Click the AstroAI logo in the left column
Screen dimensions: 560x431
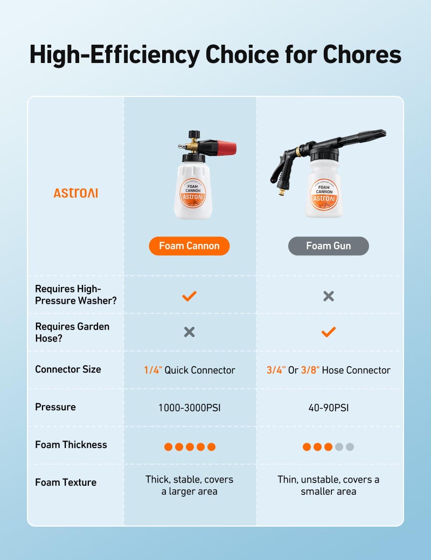(x=75, y=193)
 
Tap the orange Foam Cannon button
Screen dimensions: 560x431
(x=189, y=246)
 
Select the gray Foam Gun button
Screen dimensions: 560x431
(x=328, y=246)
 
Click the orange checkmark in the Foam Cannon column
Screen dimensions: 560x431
(x=189, y=296)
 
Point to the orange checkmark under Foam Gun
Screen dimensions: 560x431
(x=328, y=332)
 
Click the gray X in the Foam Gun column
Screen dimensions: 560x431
(x=328, y=296)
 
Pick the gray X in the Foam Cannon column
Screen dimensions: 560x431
(x=189, y=332)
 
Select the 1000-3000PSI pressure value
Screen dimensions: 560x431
(x=189, y=408)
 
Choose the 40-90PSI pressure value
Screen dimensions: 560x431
(x=328, y=408)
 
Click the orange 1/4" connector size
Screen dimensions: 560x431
(x=152, y=370)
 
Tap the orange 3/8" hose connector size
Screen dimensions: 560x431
(x=310, y=370)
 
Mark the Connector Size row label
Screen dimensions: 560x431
(x=68, y=369)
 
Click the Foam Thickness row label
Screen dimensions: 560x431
(x=71, y=445)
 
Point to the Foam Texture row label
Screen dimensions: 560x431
(x=66, y=482)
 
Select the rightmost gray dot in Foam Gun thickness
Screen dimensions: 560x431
(x=350, y=447)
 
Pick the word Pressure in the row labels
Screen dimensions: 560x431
(x=55, y=407)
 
